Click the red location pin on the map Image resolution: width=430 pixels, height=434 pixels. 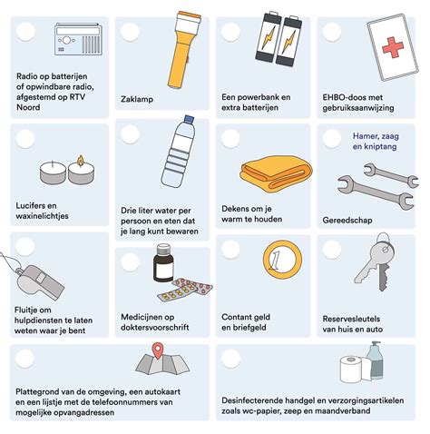(x=159, y=349)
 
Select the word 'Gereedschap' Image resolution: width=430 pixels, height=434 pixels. (x=348, y=218)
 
